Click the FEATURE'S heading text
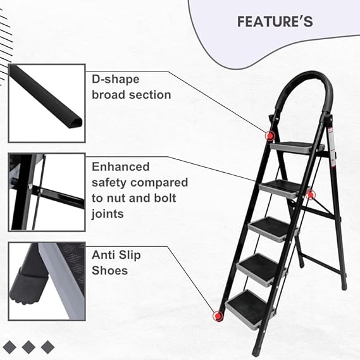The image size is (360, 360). click(x=275, y=22)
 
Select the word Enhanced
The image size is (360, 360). click(x=121, y=167)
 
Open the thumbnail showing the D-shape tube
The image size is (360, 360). click(x=46, y=103)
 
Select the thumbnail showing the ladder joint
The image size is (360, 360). click(x=46, y=192)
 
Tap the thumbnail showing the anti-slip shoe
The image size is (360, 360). click(x=46, y=280)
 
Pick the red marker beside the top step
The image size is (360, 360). click(x=270, y=135)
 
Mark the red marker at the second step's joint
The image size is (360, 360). click(x=310, y=194)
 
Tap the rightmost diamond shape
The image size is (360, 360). click(x=47, y=346)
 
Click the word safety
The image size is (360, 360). click(x=112, y=182)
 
